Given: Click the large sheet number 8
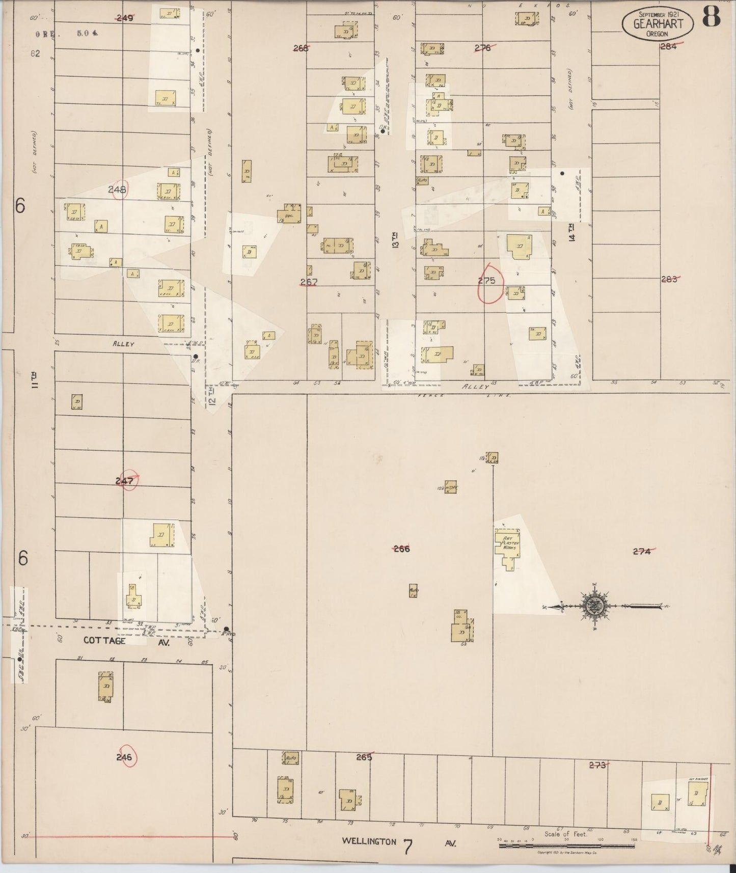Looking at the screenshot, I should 712,18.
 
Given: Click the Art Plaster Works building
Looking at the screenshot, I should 507,548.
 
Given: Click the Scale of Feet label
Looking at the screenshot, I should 565,834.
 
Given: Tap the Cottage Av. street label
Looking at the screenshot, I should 104,641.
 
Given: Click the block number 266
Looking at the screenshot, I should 401,549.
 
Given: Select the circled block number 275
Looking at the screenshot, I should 487,281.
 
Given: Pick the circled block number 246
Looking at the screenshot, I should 124,757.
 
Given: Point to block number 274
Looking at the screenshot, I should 642,551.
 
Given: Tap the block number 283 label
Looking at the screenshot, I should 669,279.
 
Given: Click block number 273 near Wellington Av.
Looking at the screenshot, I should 597,765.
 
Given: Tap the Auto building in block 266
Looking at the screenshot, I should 414,591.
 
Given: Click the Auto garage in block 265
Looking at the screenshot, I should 290,758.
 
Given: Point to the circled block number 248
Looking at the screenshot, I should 118,189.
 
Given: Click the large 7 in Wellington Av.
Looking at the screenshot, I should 407,848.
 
